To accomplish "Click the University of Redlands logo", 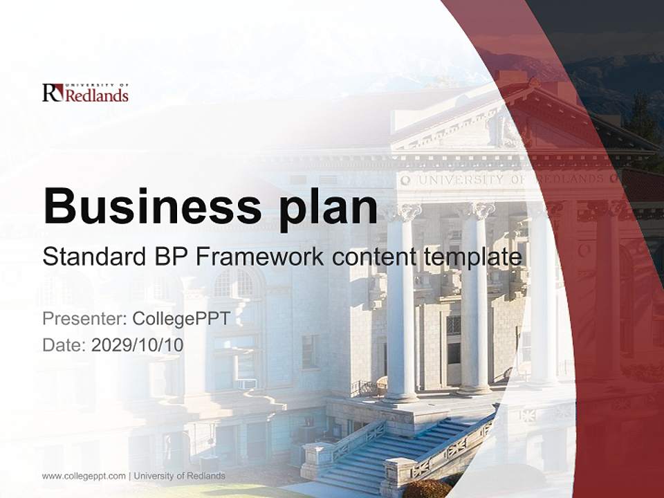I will pos(85,92).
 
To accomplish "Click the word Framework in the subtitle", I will pos(259,257).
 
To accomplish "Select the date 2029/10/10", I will pos(137,344).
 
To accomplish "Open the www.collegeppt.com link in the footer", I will pos(84,476).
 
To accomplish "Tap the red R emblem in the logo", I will pos(53,92).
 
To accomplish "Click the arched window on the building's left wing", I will pos(234,284).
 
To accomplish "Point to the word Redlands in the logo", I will pos(96,95).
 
